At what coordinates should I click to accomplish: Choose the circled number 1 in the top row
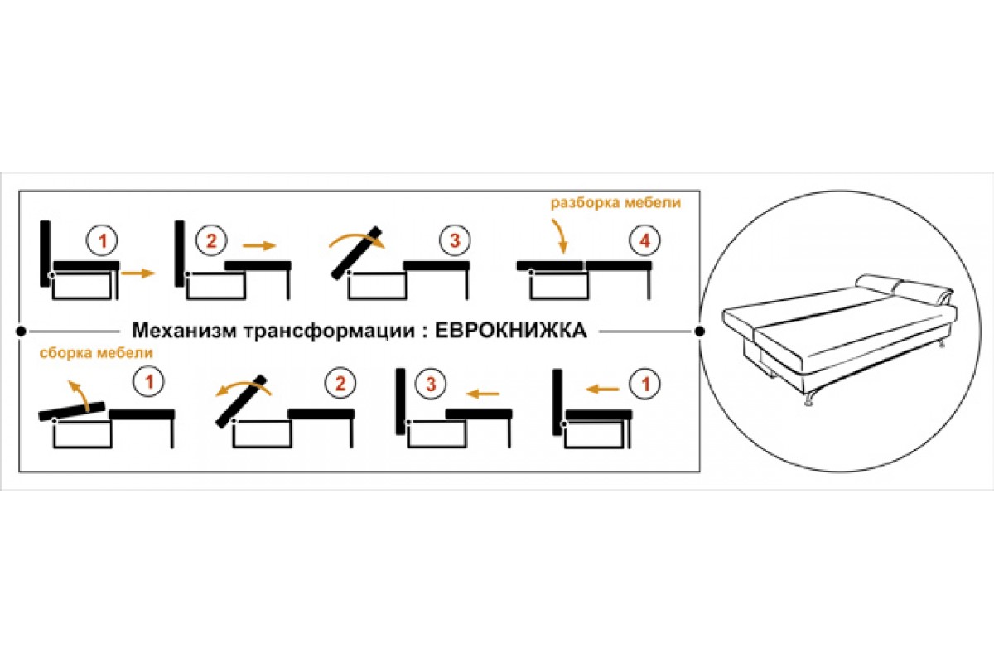tap(103, 242)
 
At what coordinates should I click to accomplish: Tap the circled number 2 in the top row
tap(210, 242)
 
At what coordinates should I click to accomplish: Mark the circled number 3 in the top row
tap(454, 242)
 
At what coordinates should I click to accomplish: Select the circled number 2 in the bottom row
tap(339, 383)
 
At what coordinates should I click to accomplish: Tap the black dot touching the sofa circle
tap(700, 331)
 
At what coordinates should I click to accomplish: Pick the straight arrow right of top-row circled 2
tap(258, 245)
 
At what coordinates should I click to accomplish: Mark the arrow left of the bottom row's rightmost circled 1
tap(602, 386)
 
